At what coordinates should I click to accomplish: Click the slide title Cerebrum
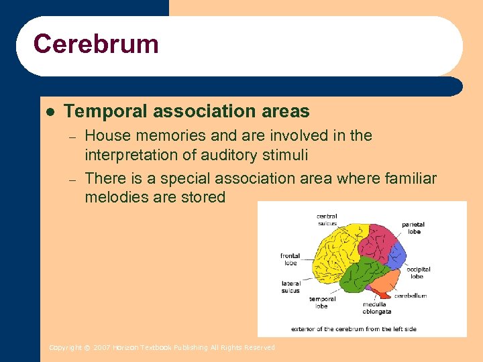pyautogui.click(x=96, y=44)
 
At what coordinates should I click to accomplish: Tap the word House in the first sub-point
pyautogui.click(x=105, y=136)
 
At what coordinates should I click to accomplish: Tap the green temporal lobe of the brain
pyautogui.click(x=363, y=275)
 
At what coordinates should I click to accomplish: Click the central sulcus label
pyautogui.click(x=327, y=220)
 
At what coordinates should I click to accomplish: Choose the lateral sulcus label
pyautogui.click(x=290, y=287)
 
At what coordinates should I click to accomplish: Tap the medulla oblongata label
pyautogui.click(x=377, y=308)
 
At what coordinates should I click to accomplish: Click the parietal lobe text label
pyautogui.click(x=414, y=228)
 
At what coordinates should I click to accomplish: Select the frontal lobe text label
pyautogui.click(x=290, y=259)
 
